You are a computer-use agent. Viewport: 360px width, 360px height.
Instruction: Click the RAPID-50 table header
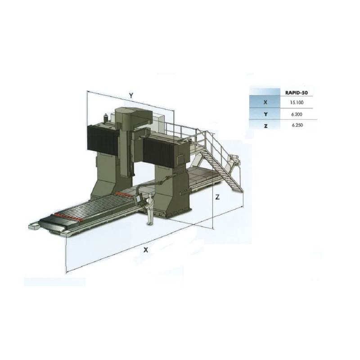(296, 93)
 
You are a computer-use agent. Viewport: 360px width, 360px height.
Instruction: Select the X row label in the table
(265, 103)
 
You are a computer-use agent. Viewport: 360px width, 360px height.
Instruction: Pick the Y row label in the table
(265, 114)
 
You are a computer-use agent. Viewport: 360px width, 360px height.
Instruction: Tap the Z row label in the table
(265, 126)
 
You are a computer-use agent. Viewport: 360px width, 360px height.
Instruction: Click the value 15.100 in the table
(297, 103)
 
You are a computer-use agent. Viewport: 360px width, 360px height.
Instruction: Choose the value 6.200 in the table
(297, 114)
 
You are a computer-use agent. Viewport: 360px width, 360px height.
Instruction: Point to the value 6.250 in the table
(297, 126)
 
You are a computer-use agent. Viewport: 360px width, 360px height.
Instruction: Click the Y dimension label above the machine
(131, 95)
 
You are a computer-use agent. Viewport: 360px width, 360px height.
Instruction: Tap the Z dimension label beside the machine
(217, 197)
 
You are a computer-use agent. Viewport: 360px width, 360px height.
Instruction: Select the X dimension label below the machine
(145, 250)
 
